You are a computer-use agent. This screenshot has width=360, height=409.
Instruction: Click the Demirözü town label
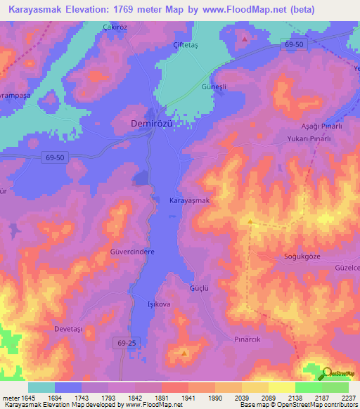[155, 124]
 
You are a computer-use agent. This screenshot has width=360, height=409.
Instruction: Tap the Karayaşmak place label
[190, 201]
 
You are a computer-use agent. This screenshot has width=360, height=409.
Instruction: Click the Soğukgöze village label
[302, 257]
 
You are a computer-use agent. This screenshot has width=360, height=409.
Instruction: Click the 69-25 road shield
[124, 341]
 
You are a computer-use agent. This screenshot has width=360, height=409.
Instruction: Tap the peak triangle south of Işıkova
[184, 353]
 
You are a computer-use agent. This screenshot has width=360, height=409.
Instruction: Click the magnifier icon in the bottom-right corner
[328, 373]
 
